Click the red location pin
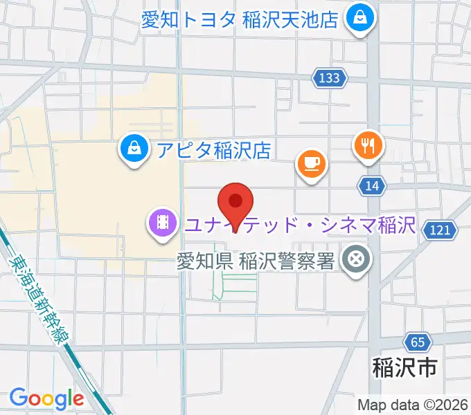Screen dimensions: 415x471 point(235,203)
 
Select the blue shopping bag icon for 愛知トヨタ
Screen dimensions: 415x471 point(360,18)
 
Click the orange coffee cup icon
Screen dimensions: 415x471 point(311,163)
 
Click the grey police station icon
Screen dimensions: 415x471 point(356,261)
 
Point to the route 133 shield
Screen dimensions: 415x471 point(330,78)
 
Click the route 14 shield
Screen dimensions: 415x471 point(372,185)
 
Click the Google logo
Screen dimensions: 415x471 point(46,398)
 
